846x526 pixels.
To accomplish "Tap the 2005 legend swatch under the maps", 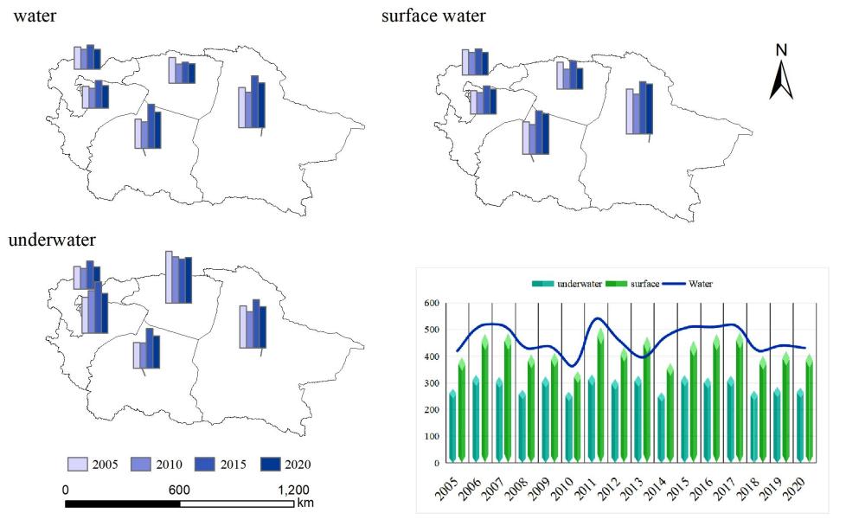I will [79, 465].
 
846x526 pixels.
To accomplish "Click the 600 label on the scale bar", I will [179, 489].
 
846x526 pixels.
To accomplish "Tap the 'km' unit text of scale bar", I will [304, 503].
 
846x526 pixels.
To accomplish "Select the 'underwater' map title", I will [52, 240].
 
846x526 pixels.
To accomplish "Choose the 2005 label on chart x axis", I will [448, 491].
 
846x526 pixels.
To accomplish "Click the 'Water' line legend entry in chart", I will [701, 283].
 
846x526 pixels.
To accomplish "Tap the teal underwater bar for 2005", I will [452, 427].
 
